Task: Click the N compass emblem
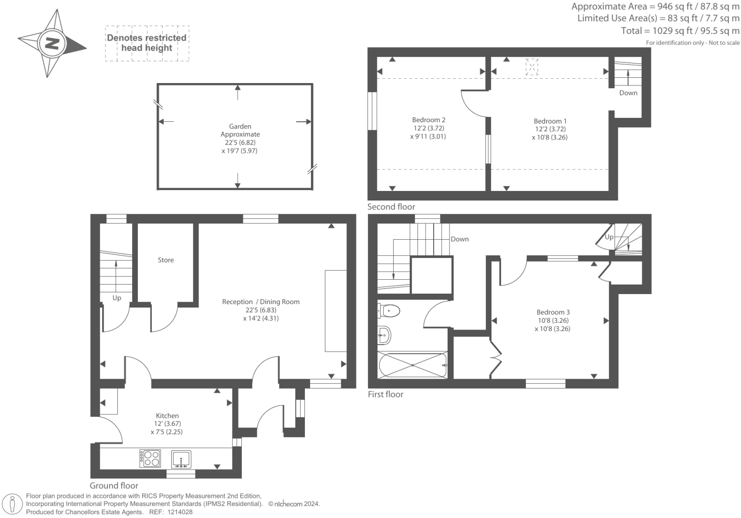pos(52,43)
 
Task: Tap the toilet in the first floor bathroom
pos(388,311)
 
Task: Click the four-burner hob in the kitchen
pos(150,458)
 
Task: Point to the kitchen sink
pos(181,459)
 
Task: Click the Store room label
pos(166,260)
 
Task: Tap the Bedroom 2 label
pos(429,120)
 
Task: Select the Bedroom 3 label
pos(553,312)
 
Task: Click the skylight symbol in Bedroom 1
pos(532,67)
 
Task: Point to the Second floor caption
pos(391,207)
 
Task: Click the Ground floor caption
pos(114,486)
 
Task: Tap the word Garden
pos(240,127)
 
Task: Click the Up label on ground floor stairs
pos(117,298)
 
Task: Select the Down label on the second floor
pos(628,93)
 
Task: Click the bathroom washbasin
pos(385,335)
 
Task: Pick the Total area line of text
pos(680,31)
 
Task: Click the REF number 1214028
pos(180,512)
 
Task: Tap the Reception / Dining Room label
pos(261,302)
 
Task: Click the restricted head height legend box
pos(147,43)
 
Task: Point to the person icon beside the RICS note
pos(12,505)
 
